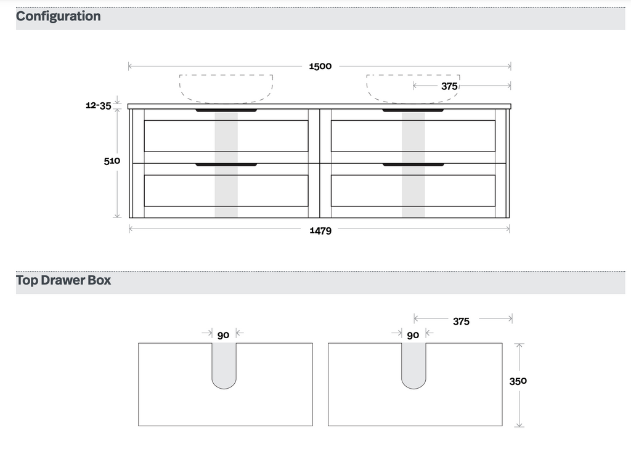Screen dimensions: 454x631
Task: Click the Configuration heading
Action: click(59, 16)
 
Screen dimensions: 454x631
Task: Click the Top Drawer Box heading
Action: click(63, 280)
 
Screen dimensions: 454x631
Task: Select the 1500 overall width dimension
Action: click(320, 66)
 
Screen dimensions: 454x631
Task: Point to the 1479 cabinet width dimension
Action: click(320, 230)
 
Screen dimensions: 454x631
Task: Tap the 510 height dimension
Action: click(112, 161)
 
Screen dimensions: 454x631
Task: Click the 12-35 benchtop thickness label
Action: click(99, 105)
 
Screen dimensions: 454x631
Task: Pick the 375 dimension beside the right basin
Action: click(449, 86)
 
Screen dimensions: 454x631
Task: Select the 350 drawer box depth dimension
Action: click(518, 381)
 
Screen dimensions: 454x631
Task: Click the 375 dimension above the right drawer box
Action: click(461, 321)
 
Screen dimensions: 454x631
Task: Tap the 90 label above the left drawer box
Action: click(223, 335)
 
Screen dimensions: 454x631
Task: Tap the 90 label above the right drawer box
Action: click(413, 335)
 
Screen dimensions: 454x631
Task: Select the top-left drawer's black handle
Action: click(226, 111)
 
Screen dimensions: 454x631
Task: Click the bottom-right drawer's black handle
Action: click(413, 165)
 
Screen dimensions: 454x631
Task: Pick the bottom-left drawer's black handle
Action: click(226, 165)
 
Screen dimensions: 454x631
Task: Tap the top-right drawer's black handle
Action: click(413, 111)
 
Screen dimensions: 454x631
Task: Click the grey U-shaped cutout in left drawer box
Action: click(224, 367)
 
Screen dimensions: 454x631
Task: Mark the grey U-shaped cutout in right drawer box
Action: click(413, 367)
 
